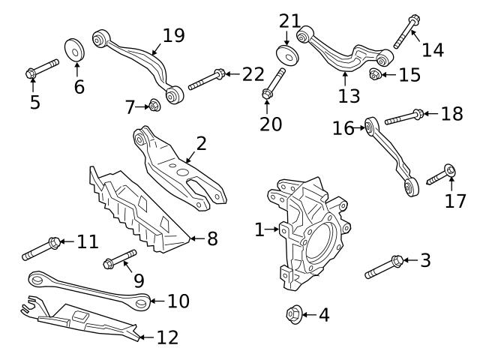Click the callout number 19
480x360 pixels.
pos(173,35)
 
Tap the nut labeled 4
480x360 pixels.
pos(294,314)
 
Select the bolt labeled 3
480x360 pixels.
pos(385,266)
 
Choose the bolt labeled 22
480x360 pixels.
pos(205,79)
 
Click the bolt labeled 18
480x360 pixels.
pos(405,116)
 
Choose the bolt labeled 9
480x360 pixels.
pos(119,259)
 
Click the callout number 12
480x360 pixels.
pos(167,337)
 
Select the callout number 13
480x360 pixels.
pos(349,95)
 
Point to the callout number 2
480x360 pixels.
pos(201,143)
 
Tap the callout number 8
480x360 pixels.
pos(212,240)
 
